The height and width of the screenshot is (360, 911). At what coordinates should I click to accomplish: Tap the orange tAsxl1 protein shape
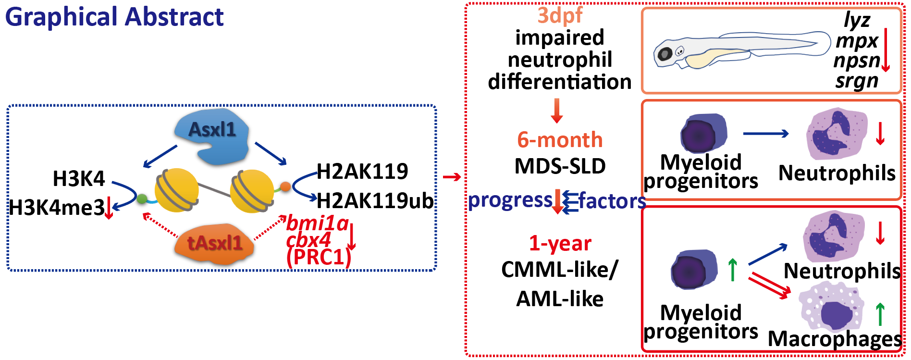pos(214,244)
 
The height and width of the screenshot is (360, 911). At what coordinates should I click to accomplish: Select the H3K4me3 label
pos(57,208)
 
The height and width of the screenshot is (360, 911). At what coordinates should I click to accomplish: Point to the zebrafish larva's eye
pos(665,54)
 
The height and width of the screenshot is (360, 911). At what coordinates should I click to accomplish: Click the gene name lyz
pos(857,20)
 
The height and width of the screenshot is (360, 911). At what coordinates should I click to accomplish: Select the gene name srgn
pos(857,81)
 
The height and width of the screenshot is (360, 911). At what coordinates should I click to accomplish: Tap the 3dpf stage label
pos(559,15)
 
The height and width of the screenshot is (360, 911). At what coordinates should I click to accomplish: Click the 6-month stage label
pos(560,140)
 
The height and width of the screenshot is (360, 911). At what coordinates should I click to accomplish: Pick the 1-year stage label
pos(560,243)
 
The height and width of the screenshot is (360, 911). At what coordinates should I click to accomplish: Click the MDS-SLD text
pos(560,166)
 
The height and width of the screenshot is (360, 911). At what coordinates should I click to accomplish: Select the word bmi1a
pos(317,223)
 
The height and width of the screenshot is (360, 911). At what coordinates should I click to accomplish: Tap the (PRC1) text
pos(319,257)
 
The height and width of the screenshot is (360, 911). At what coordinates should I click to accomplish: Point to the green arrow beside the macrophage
pos(880,314)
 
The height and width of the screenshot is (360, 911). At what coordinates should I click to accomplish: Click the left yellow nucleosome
pos(176,190)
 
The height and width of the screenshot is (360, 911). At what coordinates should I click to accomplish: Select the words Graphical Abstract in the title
pos(114,17)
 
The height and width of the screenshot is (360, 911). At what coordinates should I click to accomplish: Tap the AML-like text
pos(560,299)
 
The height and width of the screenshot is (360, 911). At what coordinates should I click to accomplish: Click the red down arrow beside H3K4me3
pos(109,208)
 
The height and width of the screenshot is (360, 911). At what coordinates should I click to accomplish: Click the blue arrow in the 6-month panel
pos(765,134)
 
